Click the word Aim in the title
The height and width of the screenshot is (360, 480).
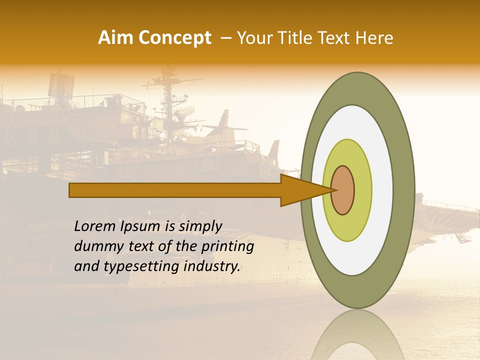116,38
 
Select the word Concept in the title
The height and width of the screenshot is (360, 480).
174,38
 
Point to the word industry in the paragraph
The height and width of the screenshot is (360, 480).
212,266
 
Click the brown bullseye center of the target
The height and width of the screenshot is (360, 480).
343,190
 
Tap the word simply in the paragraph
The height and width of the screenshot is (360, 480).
200,226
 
